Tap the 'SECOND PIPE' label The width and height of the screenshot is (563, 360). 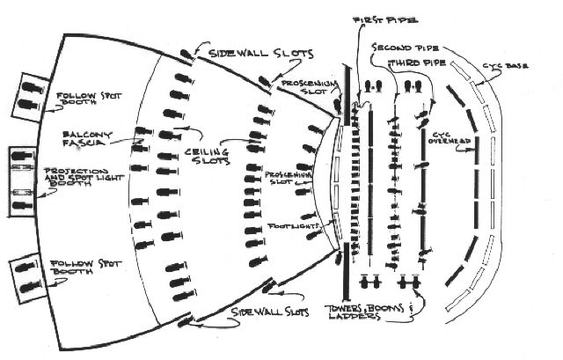coord(406,47)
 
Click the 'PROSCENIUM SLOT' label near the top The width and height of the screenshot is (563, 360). coord(304,86)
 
